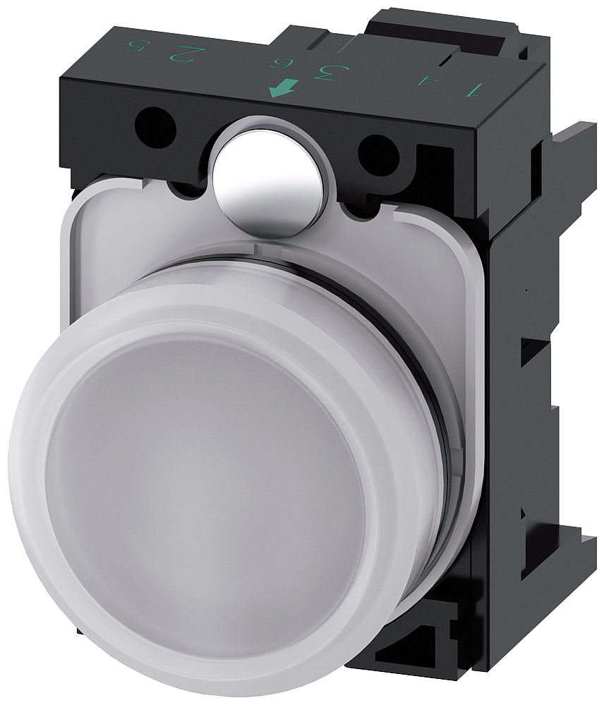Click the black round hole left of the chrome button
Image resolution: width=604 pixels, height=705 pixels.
155,127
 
